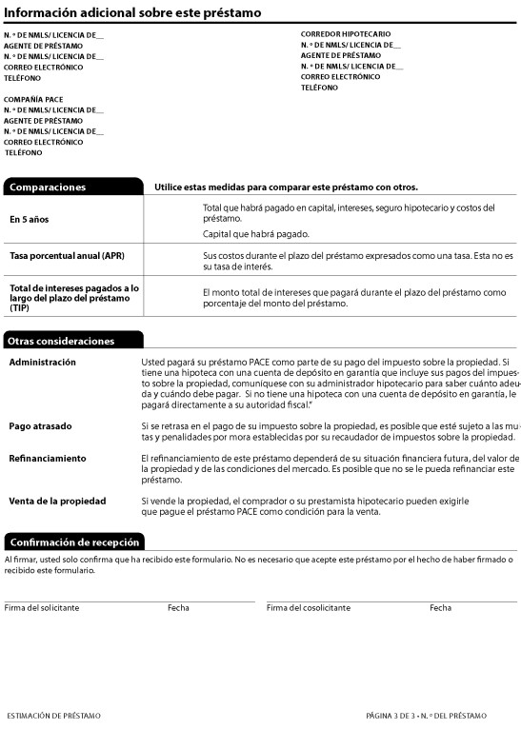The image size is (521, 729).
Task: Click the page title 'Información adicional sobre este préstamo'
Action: click(133, 12)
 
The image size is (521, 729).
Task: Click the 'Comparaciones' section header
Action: click(48, 187)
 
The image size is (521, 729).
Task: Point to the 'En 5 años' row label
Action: click(29, 220)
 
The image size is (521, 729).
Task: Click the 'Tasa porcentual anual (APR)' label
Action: click(64, 256)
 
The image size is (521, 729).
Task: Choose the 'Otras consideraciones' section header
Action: click(61, 341)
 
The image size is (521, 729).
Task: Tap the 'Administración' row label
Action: click(43, 363)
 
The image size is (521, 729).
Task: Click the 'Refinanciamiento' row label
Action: click(48, 458)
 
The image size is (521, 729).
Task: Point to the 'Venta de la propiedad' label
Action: click(57, 501)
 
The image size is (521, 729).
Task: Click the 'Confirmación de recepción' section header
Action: click(74, 542)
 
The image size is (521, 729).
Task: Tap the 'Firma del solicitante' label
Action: click(42, 607)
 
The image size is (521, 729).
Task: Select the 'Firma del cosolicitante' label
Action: click(309, 607)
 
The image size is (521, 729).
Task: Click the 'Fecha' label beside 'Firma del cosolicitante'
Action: click(440, 607)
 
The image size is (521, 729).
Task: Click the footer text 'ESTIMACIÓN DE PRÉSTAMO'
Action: click(53, 715)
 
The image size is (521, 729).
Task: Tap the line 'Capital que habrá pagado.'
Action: click(256, 233)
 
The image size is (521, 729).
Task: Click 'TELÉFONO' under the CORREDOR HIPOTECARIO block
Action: click(319, 88)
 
